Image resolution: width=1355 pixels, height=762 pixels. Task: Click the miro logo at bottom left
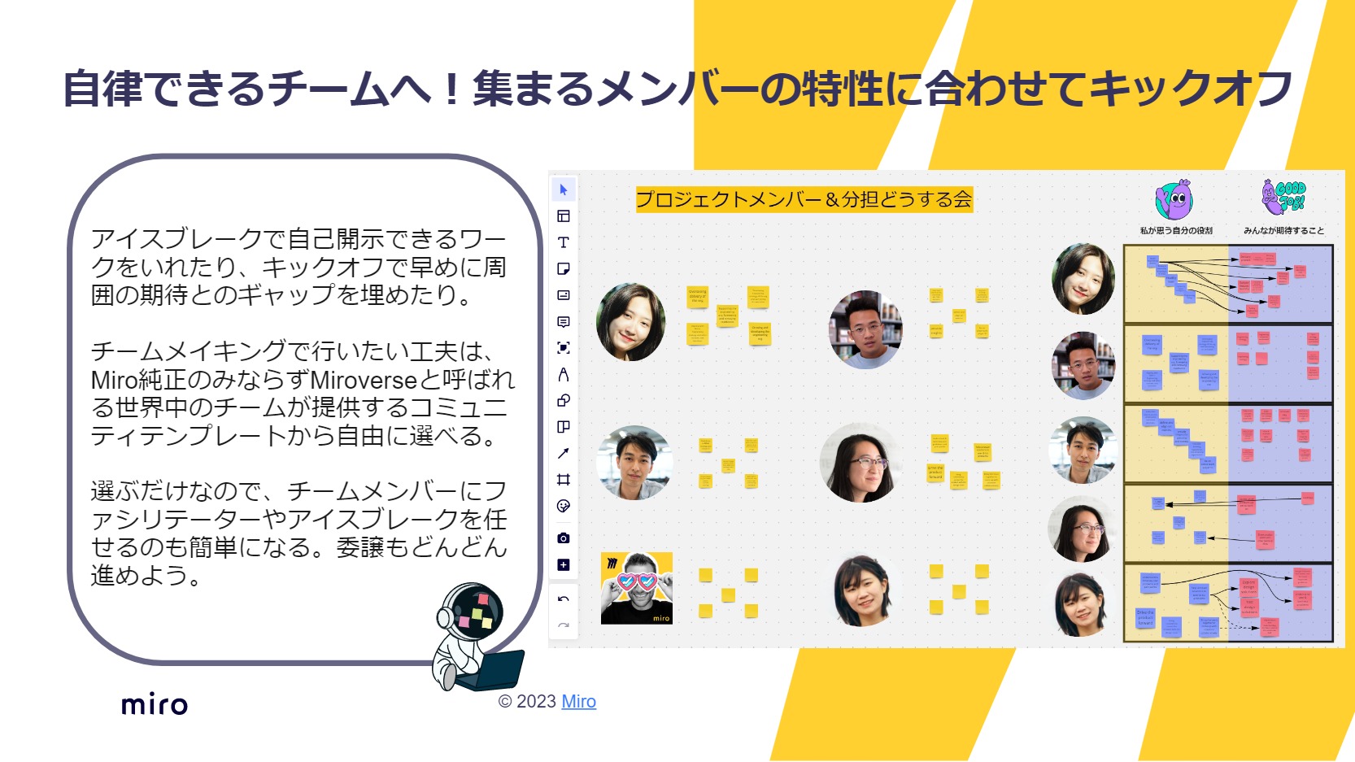click(x=155, y=704)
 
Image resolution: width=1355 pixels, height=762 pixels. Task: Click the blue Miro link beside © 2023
click(x=578, y=702)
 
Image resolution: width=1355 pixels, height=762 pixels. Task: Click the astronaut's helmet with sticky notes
click(x=473, y=613)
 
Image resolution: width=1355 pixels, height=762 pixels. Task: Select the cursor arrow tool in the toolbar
click(x=563, y=189)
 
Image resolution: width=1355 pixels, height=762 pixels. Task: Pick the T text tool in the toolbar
click(x=563, y=242)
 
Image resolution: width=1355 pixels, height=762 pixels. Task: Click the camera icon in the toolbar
click(x=563, y=538)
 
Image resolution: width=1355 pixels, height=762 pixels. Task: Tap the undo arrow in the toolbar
click(x=563, y=599)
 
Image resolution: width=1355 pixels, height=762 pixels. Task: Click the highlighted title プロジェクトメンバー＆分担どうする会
click(x=804, y=199)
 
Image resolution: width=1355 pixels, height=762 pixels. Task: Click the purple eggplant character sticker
click(x=1174, y=200)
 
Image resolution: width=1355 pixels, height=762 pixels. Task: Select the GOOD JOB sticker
click(x=1283, y=198)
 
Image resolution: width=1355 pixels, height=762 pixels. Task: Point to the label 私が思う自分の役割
click(x=1176, y=231)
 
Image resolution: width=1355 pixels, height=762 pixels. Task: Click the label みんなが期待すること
click(x=1283, y=231)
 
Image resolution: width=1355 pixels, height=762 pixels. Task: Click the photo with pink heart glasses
click(x=636, y=588)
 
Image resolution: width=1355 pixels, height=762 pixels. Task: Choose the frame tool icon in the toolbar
click(x=563, y=480)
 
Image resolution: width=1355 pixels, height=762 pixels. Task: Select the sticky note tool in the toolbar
click(x=563, y=269)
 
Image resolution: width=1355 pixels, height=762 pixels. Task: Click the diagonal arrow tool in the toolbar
click(x=563, y=453)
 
